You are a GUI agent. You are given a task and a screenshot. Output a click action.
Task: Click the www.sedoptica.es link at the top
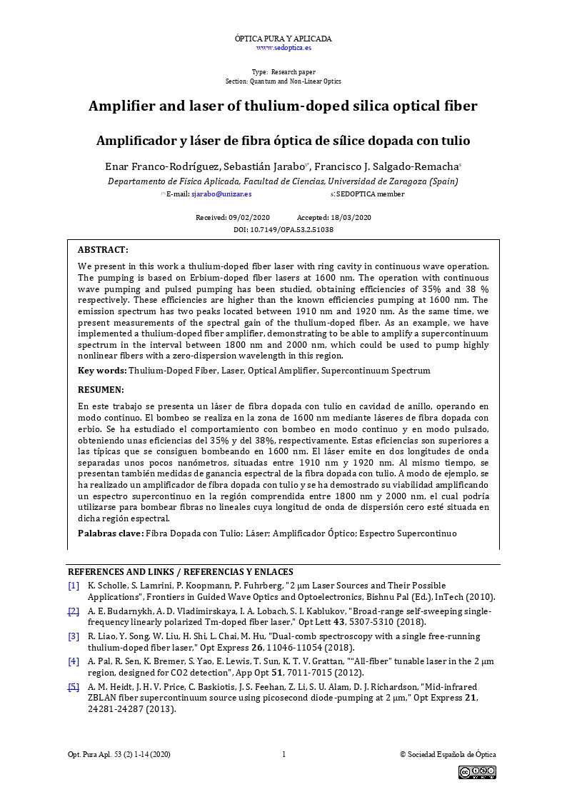(x=283, y=48)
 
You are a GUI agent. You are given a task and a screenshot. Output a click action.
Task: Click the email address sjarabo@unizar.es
(x=221, y=194)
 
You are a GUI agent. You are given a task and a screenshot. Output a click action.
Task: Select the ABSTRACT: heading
(x=103, y=250)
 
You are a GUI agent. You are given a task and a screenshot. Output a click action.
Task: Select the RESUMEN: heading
(x=101, y=390)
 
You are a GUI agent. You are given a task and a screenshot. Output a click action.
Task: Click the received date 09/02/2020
(x=250, y=217)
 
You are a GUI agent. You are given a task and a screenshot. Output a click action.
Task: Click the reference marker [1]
(x=74, y=586)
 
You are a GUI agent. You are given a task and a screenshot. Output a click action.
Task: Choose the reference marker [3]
(x=74, y=636)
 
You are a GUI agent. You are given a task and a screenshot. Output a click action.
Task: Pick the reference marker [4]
(x=74, y=661)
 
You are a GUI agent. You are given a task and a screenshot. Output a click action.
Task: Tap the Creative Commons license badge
(x=477, y=772)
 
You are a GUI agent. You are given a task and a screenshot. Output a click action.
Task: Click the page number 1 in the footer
(x=283, y=754)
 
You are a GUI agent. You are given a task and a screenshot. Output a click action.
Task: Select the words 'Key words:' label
(x=102, y=371)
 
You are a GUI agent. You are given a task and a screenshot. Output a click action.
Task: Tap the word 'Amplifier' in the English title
(x=121, y=106)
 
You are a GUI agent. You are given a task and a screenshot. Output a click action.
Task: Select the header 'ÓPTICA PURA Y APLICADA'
(x=283, y=39)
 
